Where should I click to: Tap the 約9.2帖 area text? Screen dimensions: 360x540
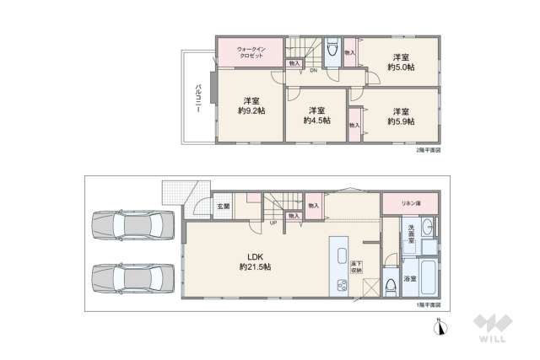pos(251,110)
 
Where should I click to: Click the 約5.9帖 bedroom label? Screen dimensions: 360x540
pos(400,121)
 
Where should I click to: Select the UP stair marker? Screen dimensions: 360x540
pos(273,223)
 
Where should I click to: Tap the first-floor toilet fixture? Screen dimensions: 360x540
pos(390,286)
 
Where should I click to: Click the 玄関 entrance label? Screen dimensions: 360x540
pos(223,207)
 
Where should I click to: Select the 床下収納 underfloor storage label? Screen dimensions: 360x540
pos(358,268)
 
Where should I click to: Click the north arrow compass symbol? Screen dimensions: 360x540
pos(440,326)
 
